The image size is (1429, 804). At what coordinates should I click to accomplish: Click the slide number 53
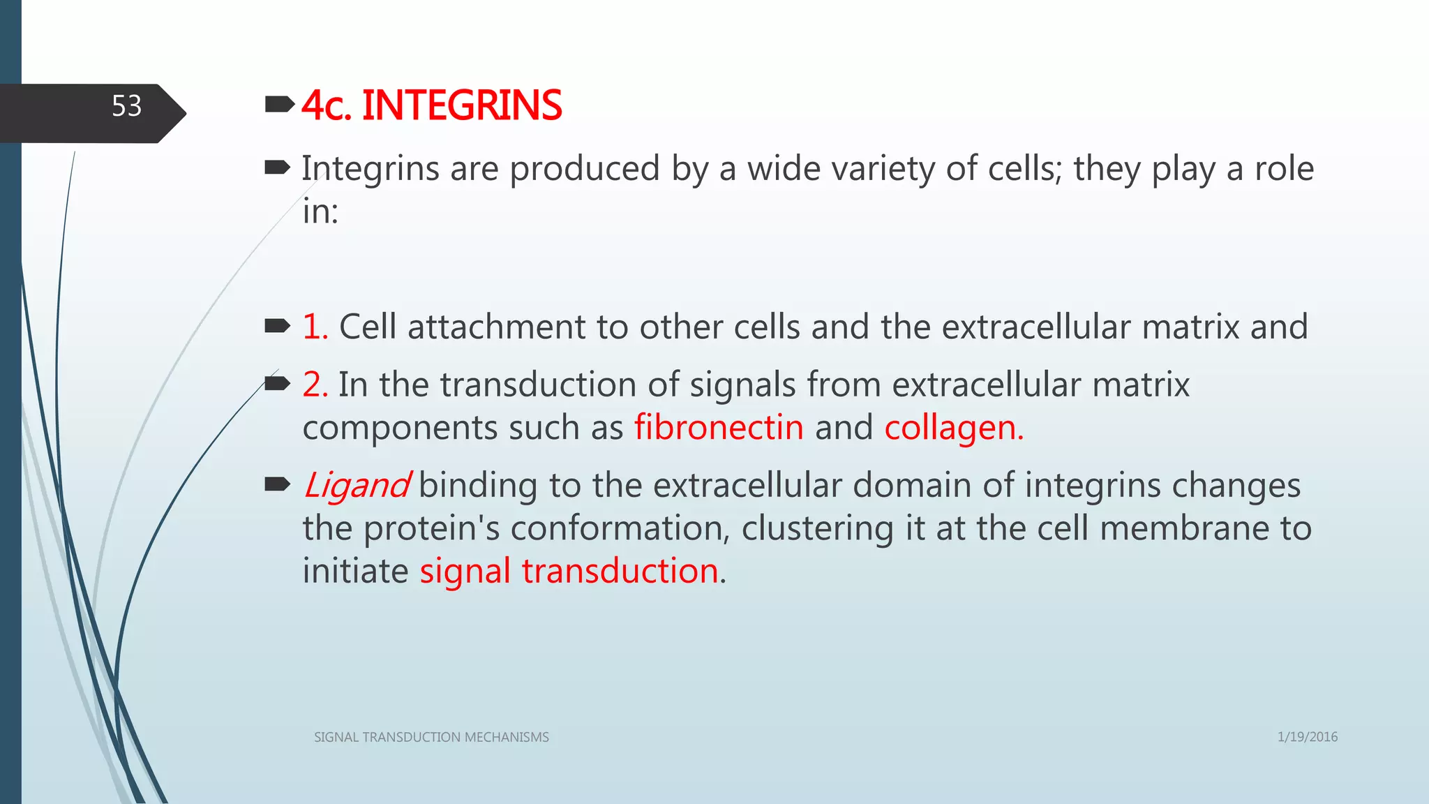pos(126,107)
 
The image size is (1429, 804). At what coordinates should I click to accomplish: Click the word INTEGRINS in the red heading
pos(461,106)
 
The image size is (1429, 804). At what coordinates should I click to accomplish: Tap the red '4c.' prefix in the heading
pos(326,107)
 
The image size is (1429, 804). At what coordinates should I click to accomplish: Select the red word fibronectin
pos(719,428)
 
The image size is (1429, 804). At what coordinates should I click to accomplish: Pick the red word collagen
pos(953,428)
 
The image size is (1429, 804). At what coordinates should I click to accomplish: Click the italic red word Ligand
pos(356,485)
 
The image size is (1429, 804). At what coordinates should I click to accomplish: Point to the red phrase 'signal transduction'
pos(569,571)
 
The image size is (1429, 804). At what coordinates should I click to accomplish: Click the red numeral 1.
pos(314,327)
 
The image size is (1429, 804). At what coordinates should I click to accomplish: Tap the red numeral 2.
pos(315,385)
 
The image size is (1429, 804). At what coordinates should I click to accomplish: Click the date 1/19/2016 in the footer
pos(1307,737)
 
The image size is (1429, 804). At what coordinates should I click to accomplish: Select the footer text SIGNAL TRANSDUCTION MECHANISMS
pos(431,738)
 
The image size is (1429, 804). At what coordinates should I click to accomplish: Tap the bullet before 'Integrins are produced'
pos(278,167)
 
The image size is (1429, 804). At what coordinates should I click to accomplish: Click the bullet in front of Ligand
pos(278,484)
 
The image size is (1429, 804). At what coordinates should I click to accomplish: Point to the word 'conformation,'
pos(620,528)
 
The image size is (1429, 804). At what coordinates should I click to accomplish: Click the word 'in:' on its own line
pos(320,211)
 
